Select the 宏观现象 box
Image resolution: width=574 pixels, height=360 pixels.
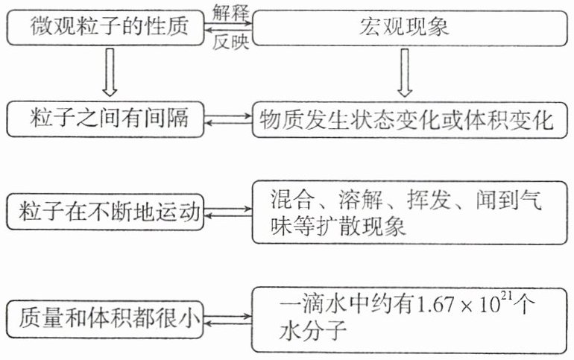point(404,28)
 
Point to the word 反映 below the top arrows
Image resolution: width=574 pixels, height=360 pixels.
point(230,44)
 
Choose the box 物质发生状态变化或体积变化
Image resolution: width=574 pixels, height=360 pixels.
point(404,119)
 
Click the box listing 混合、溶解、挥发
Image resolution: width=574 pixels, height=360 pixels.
point(404,212)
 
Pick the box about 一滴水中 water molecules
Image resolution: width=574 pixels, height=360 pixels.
point(404,318)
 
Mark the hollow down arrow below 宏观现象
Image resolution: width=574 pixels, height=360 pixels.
point(404,72)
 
